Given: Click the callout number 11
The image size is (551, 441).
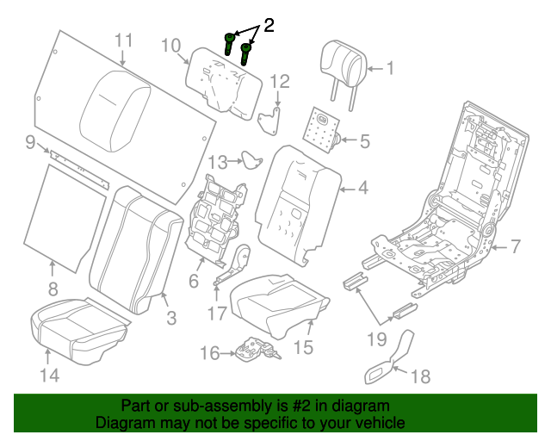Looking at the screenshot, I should point(124,40).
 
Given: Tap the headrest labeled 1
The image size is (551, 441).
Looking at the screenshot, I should point(341,62).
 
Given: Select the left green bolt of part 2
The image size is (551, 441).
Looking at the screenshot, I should point(231,44).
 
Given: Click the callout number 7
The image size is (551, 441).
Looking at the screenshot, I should point(515,247).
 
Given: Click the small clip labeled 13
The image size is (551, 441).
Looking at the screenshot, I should point(252,159).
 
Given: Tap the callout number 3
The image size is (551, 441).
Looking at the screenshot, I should point(171,319).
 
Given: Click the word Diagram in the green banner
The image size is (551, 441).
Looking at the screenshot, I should point(123,424).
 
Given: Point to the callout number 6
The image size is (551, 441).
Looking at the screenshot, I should point(194,281).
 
